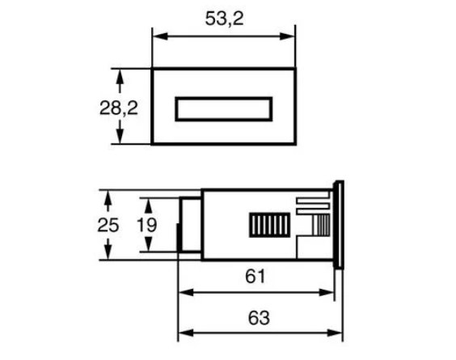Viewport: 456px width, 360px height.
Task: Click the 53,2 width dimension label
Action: (224, 19)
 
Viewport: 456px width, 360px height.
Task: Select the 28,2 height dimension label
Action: (119, 108)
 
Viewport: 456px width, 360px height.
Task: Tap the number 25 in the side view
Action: (108, 225)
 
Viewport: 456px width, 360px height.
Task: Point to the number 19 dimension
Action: (147, 225)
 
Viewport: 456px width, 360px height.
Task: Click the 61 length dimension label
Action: (255, 276)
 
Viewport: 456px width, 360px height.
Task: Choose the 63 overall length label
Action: (259, 318)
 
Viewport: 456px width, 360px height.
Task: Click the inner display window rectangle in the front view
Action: (224, 109)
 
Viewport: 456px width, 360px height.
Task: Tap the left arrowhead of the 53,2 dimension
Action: (160, 36)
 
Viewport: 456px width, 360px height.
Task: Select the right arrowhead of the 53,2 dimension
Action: (287, 36)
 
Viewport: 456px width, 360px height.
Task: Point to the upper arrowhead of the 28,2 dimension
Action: (120, 77)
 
